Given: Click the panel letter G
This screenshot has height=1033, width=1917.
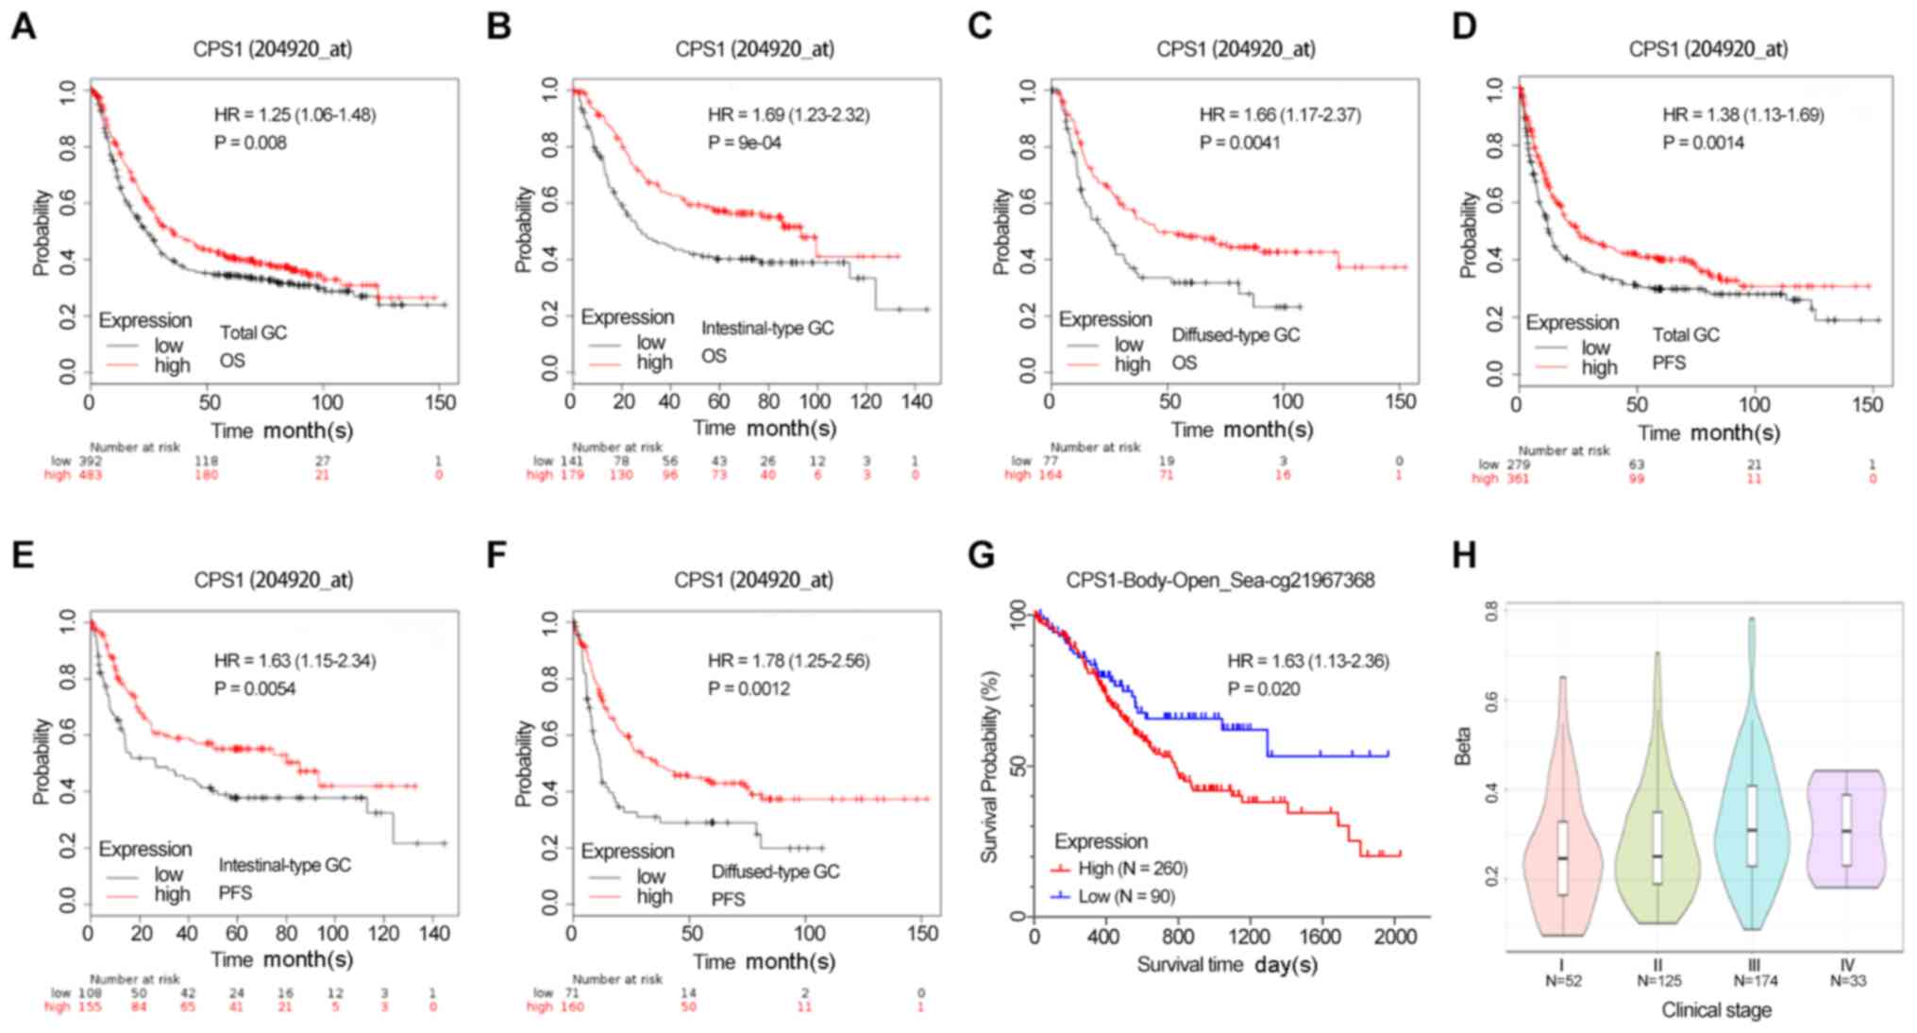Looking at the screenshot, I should coord(983,556).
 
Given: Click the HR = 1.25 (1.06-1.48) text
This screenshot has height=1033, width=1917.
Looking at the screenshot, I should coord(294,115).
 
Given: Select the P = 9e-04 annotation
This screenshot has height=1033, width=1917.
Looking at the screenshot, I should coord(745,144).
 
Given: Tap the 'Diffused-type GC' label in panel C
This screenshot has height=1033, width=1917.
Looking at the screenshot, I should coord(1236,335).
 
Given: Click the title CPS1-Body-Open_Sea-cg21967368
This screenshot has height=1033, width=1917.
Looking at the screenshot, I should coord(1220,580).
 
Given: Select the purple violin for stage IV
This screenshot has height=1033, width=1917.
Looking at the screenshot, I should coord(1847,831).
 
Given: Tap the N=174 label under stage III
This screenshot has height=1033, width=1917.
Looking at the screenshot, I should coord(1754,981).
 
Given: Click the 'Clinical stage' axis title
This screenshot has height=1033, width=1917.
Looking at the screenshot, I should coord(1716,1010).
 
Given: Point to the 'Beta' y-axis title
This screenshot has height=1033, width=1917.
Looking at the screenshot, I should coord(1464,746).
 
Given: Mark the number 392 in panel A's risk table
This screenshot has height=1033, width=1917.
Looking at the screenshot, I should coord(90,461).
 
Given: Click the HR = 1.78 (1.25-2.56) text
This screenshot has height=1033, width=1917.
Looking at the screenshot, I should coord(789,661).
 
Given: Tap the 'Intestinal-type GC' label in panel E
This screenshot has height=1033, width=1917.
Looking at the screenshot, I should coord(284,865).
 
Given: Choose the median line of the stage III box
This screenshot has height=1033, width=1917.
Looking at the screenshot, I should coord(1752,830).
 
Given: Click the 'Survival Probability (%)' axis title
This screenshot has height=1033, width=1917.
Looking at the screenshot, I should coord(989,766).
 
